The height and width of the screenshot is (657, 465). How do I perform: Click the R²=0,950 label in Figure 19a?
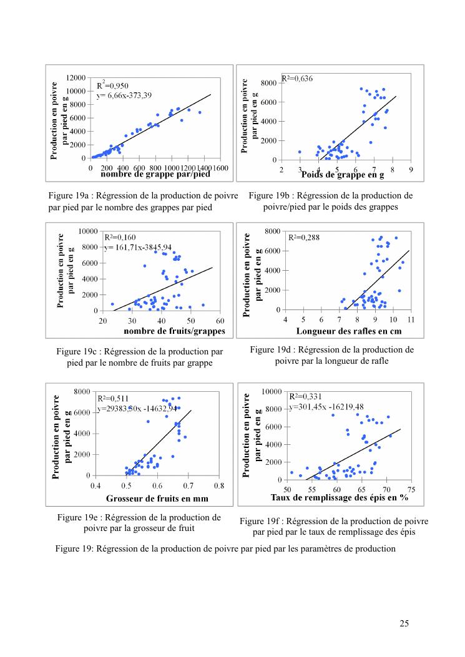(x=113, y=85)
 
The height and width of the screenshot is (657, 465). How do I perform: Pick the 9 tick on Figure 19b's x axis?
(x=411, y=170)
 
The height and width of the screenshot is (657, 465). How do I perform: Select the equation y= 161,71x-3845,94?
(x=137, y=247)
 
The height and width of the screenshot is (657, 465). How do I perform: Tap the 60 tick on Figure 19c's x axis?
(x=220, y=321)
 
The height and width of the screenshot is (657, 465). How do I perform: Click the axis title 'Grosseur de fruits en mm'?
(x=157, y=499)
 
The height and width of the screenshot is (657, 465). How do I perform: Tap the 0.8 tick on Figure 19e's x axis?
(x=219, y=485)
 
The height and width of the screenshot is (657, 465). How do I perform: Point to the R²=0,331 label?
(x=305, y=396)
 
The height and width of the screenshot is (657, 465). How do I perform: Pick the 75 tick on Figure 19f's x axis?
(x=412, y=489)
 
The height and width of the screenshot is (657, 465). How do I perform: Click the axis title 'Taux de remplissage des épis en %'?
(x=340, y=498)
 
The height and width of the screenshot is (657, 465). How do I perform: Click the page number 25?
(x=404, y=623)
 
